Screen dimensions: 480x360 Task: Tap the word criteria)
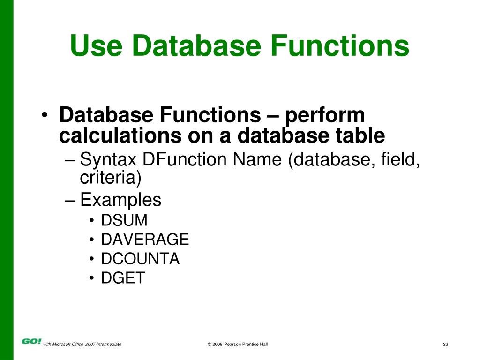(x=110, y=178)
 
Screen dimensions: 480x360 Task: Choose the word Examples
(x=120, y=201)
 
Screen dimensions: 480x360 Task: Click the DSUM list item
(x=124, y=220)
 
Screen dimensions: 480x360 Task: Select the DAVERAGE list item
(x=145, y=240)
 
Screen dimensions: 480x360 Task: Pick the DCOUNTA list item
(x=140, y=259)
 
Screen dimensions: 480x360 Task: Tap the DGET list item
(x=123, y=278)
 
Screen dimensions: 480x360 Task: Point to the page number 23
(x=445, y=345)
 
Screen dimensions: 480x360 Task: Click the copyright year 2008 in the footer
(x=217, y=345)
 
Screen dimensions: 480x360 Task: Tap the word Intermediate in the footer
(x=109, y=345)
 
